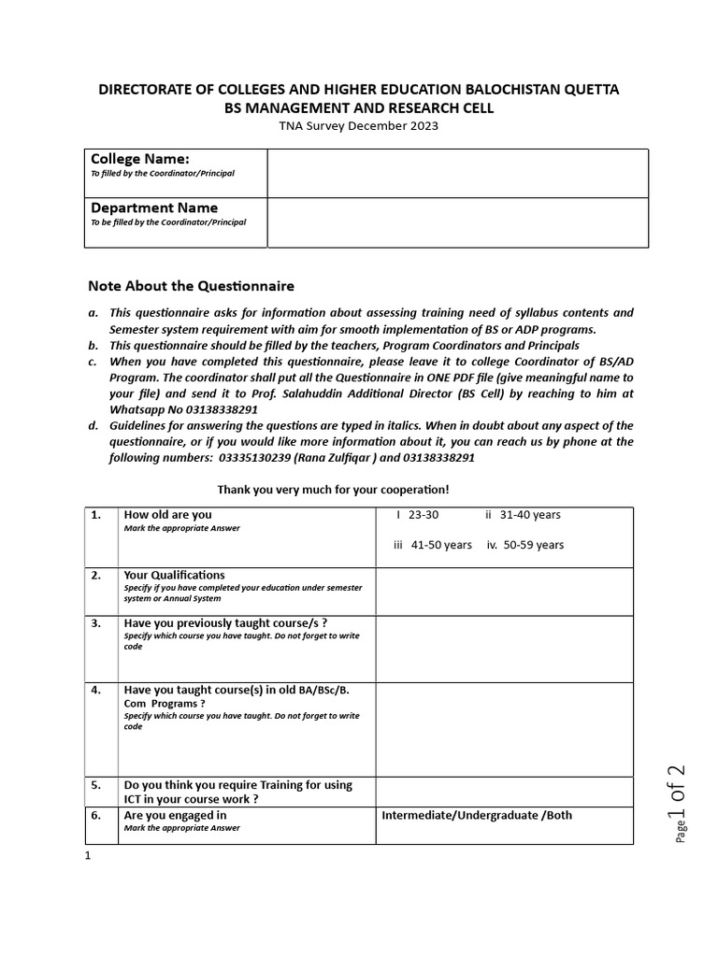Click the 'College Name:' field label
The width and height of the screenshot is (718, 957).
pos(139,159)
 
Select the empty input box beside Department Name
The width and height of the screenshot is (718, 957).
pos(457,222)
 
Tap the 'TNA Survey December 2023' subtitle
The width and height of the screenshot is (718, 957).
pos(358,126)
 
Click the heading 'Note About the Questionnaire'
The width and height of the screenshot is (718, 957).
pos(191,285)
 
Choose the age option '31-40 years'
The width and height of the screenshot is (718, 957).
pos(529,515)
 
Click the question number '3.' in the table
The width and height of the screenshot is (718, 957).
pos(95,623)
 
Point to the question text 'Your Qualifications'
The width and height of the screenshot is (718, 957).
pos(174,575)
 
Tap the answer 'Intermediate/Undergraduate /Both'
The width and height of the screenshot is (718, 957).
pos(477,815)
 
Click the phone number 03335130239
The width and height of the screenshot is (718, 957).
pos(257,458)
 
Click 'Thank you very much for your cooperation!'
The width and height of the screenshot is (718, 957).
pos(333,490)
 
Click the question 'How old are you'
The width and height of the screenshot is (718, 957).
pos(167,515)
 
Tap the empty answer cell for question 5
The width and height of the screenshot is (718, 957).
pos(504,792)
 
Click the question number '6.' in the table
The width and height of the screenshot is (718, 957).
pos(95,815)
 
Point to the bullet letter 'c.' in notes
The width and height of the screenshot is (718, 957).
pos(93,361)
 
